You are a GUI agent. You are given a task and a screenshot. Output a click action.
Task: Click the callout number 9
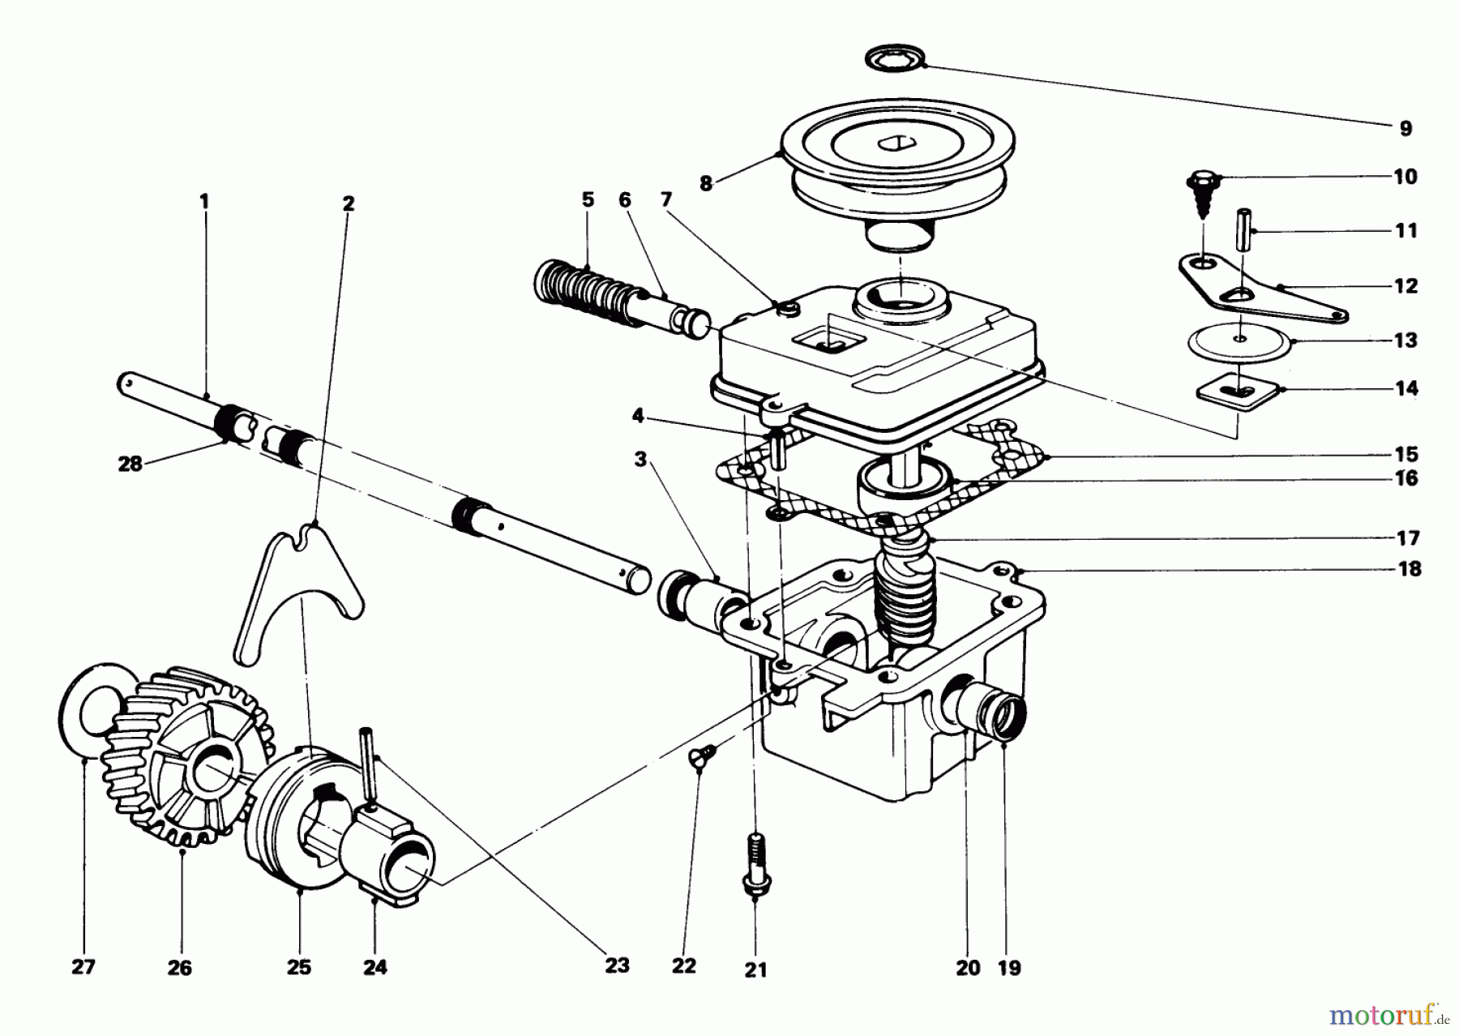click(x=1405, y=128)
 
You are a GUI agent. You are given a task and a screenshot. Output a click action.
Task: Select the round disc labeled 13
click(x=1240, y=340)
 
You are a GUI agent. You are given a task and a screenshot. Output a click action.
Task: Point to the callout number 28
click(x=130, y=464)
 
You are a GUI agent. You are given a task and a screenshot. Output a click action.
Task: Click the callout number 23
click(x=616, y=965)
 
